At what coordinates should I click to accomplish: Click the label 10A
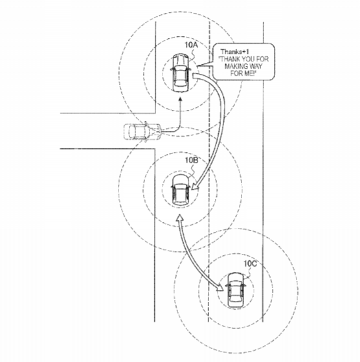pos(191,45)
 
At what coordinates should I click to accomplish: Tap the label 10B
pos(192,160)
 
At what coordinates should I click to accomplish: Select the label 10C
pos(251,264)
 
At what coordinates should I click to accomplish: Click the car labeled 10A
pos(181,73)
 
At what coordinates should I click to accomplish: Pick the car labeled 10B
pos(180,189)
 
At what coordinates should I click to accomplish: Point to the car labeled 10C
pos(236,289)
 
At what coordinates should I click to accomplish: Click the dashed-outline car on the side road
pos(142,131)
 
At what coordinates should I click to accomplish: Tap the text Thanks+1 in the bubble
pos(234,52)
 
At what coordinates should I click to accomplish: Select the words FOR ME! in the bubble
pos(243,73)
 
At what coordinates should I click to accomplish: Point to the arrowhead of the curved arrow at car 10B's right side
pos(194,186)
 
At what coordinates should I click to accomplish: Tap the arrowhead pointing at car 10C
pos(219,288)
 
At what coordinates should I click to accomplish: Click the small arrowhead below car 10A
pos(181,99)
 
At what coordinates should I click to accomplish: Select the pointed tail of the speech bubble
pos(198,66)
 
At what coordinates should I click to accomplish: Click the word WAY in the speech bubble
pos(256,66)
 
